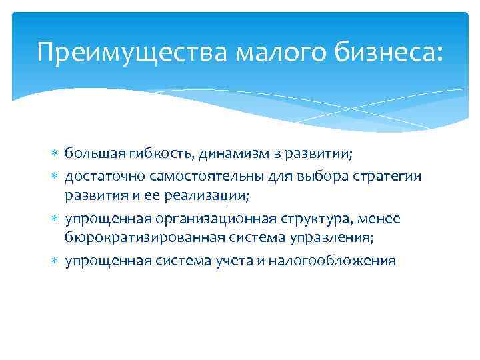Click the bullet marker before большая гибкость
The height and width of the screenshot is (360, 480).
point(57,153)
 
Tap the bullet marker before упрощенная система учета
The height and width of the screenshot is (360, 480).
point(57,260)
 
